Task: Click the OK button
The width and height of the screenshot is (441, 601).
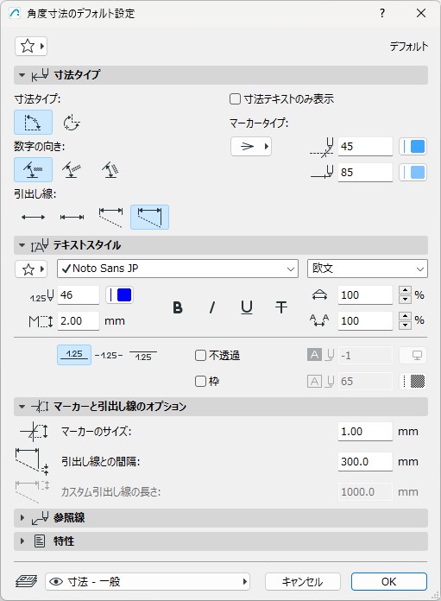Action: (388, 581)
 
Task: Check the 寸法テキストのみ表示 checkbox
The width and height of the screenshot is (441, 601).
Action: (235, 99)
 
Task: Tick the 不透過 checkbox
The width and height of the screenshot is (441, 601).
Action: (200, 355)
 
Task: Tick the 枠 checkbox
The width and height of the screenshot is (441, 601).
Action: (200, 382)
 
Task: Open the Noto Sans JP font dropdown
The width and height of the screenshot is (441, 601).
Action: (178, 269)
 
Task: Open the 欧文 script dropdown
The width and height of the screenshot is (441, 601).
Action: (368, 269)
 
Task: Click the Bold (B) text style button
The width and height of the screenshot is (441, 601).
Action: (178, 307)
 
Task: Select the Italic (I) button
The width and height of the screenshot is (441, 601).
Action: (212, 307)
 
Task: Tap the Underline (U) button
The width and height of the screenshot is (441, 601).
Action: (247, 307)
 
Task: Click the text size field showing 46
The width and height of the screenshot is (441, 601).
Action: (79, 295)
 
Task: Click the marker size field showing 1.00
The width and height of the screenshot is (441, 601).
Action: (365, 432)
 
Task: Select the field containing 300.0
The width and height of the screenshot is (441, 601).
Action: (365, 461)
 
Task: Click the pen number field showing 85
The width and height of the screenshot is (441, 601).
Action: (365, 173)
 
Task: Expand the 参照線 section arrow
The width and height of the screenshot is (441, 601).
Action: (22, 518)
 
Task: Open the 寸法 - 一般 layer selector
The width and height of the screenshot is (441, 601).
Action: (148, 582)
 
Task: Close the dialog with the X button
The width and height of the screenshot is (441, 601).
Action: (421, 13)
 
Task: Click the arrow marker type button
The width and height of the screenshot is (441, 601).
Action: (251, 147)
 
